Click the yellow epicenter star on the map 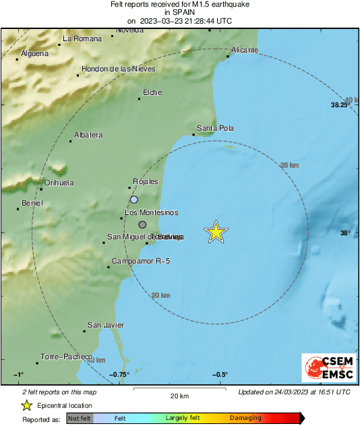pyautogui.click(x=216, y=232)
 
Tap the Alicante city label pyautogui.click(x=244, y=51)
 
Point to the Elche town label pyautogui.click(x=152, y=93)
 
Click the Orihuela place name pyautogui.click(x=59, y=183)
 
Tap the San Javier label pyautogui.click(x=106, y=325)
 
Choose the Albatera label pyautogui.click(x=88, y=135)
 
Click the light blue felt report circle pyautogui.click(x=134, y=200)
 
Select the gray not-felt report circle pyautogui.click(x=142, y=224)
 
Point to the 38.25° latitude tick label pyautogui.click(x=340, y=105)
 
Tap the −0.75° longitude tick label pyautogui.click(x=120, y=375)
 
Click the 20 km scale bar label pyautogui.click(x=179, y=396)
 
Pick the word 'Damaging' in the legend pyautogui.click(x=246, y=419)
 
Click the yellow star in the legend pyautogui.click(x=26, y=405)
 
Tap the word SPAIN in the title pyautogui.click(x=179, y=12)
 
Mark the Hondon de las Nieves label pyautogui.click(x=119, y=69)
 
